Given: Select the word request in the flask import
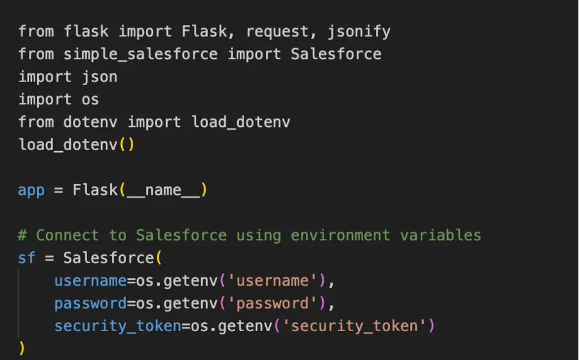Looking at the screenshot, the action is point(272,31).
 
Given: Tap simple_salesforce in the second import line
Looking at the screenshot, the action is point(141,54).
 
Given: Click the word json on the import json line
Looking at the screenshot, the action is point(99,77).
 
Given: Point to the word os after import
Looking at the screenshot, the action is point(90,99).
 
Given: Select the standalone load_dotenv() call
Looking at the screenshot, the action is point(76,144).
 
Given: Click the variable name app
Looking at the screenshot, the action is point(31,190).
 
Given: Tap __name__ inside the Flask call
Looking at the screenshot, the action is point(163,190).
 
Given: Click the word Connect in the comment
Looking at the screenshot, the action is point(67,236).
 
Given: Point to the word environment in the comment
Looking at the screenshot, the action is point(340,236).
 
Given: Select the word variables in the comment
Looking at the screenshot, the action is point(441,236).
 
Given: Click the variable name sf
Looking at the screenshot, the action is point(27,258).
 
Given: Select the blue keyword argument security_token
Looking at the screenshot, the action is point(118,326).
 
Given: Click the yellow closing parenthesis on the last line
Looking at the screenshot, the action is point(22,348).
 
